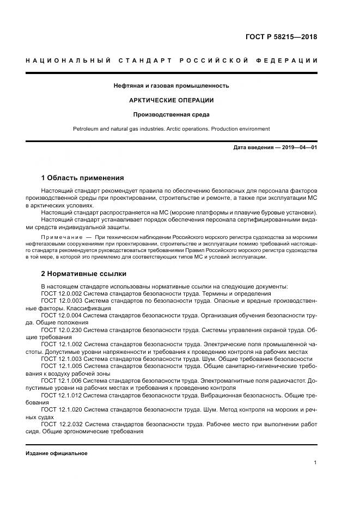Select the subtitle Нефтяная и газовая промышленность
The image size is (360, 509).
tap(171, 85)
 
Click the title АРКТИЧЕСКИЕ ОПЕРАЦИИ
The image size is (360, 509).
tap(171, 100)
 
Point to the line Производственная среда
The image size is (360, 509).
tap(171, 114)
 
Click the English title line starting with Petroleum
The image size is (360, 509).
tap(171, 129)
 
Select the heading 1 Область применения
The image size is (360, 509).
tap(83, 177)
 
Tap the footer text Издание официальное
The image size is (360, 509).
tap(57, 453)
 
